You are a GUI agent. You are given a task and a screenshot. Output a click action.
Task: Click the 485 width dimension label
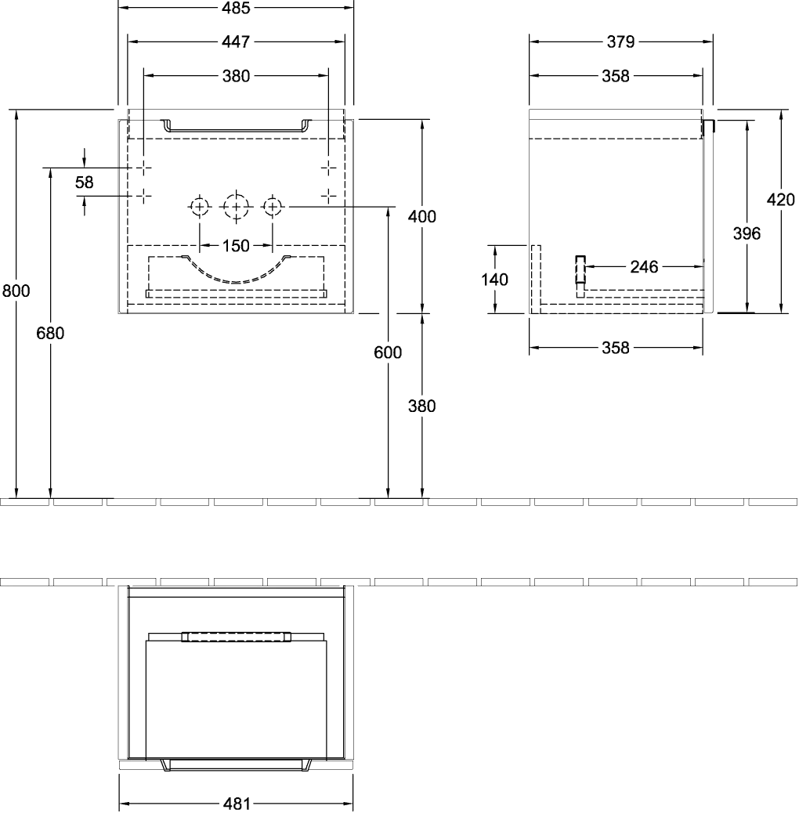pos(236,8)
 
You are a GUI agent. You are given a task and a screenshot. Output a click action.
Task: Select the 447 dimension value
pos(236,42)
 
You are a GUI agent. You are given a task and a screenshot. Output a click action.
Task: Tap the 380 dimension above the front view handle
pos(236,76)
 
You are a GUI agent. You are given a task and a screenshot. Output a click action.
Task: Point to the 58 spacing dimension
pos(84,182)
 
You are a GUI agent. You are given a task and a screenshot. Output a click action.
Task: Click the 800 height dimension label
pos(16,291)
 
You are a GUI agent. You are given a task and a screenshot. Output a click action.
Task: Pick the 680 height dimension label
pos(50,333)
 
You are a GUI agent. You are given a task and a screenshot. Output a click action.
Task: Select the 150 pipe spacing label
pos(236,246)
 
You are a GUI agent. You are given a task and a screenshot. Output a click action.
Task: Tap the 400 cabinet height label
pos(422,217)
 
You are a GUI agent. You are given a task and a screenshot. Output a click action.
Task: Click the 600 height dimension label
pos(388,352)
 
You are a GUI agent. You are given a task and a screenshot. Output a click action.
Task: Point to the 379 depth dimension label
pos(620,42)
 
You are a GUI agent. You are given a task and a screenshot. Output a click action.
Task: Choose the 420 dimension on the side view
pos(780,200)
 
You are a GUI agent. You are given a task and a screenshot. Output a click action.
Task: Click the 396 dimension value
pos(747,234)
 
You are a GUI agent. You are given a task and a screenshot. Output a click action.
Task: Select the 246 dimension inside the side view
pos(644,267)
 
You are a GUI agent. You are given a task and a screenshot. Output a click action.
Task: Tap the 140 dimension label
pos(494,280)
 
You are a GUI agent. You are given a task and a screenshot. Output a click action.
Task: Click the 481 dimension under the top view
pos(237,804)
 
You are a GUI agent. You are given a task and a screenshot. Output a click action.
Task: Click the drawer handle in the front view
pos(236,129)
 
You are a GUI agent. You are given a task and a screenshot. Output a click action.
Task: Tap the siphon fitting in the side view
pos(580,276)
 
